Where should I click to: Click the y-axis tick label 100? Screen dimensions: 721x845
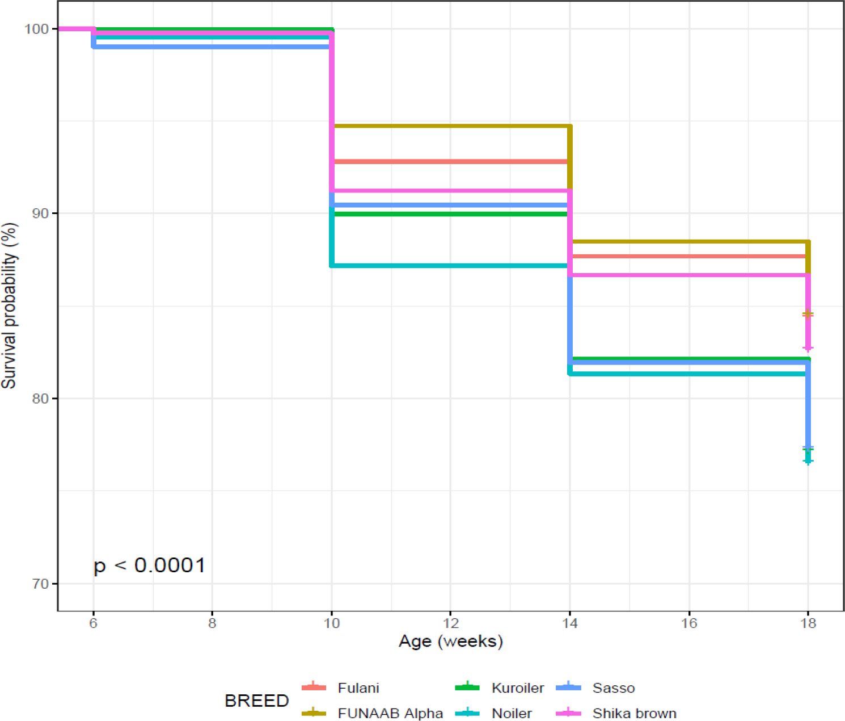point(36,29)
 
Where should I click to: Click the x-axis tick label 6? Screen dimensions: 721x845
point(93,623)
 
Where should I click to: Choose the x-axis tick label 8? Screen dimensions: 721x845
point(212,623)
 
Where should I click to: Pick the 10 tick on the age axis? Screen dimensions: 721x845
point(332,623)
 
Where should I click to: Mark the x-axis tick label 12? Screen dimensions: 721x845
point(451,623)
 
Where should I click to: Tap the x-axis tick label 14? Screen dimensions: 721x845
point(570,623)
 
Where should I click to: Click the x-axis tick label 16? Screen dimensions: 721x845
point(689,623)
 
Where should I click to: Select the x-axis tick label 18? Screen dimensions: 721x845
point(808,623)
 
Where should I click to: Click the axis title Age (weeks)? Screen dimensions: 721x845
point(451,642)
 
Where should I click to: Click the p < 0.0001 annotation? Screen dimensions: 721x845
point(150,565)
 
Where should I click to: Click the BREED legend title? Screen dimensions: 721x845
point(257,701)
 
